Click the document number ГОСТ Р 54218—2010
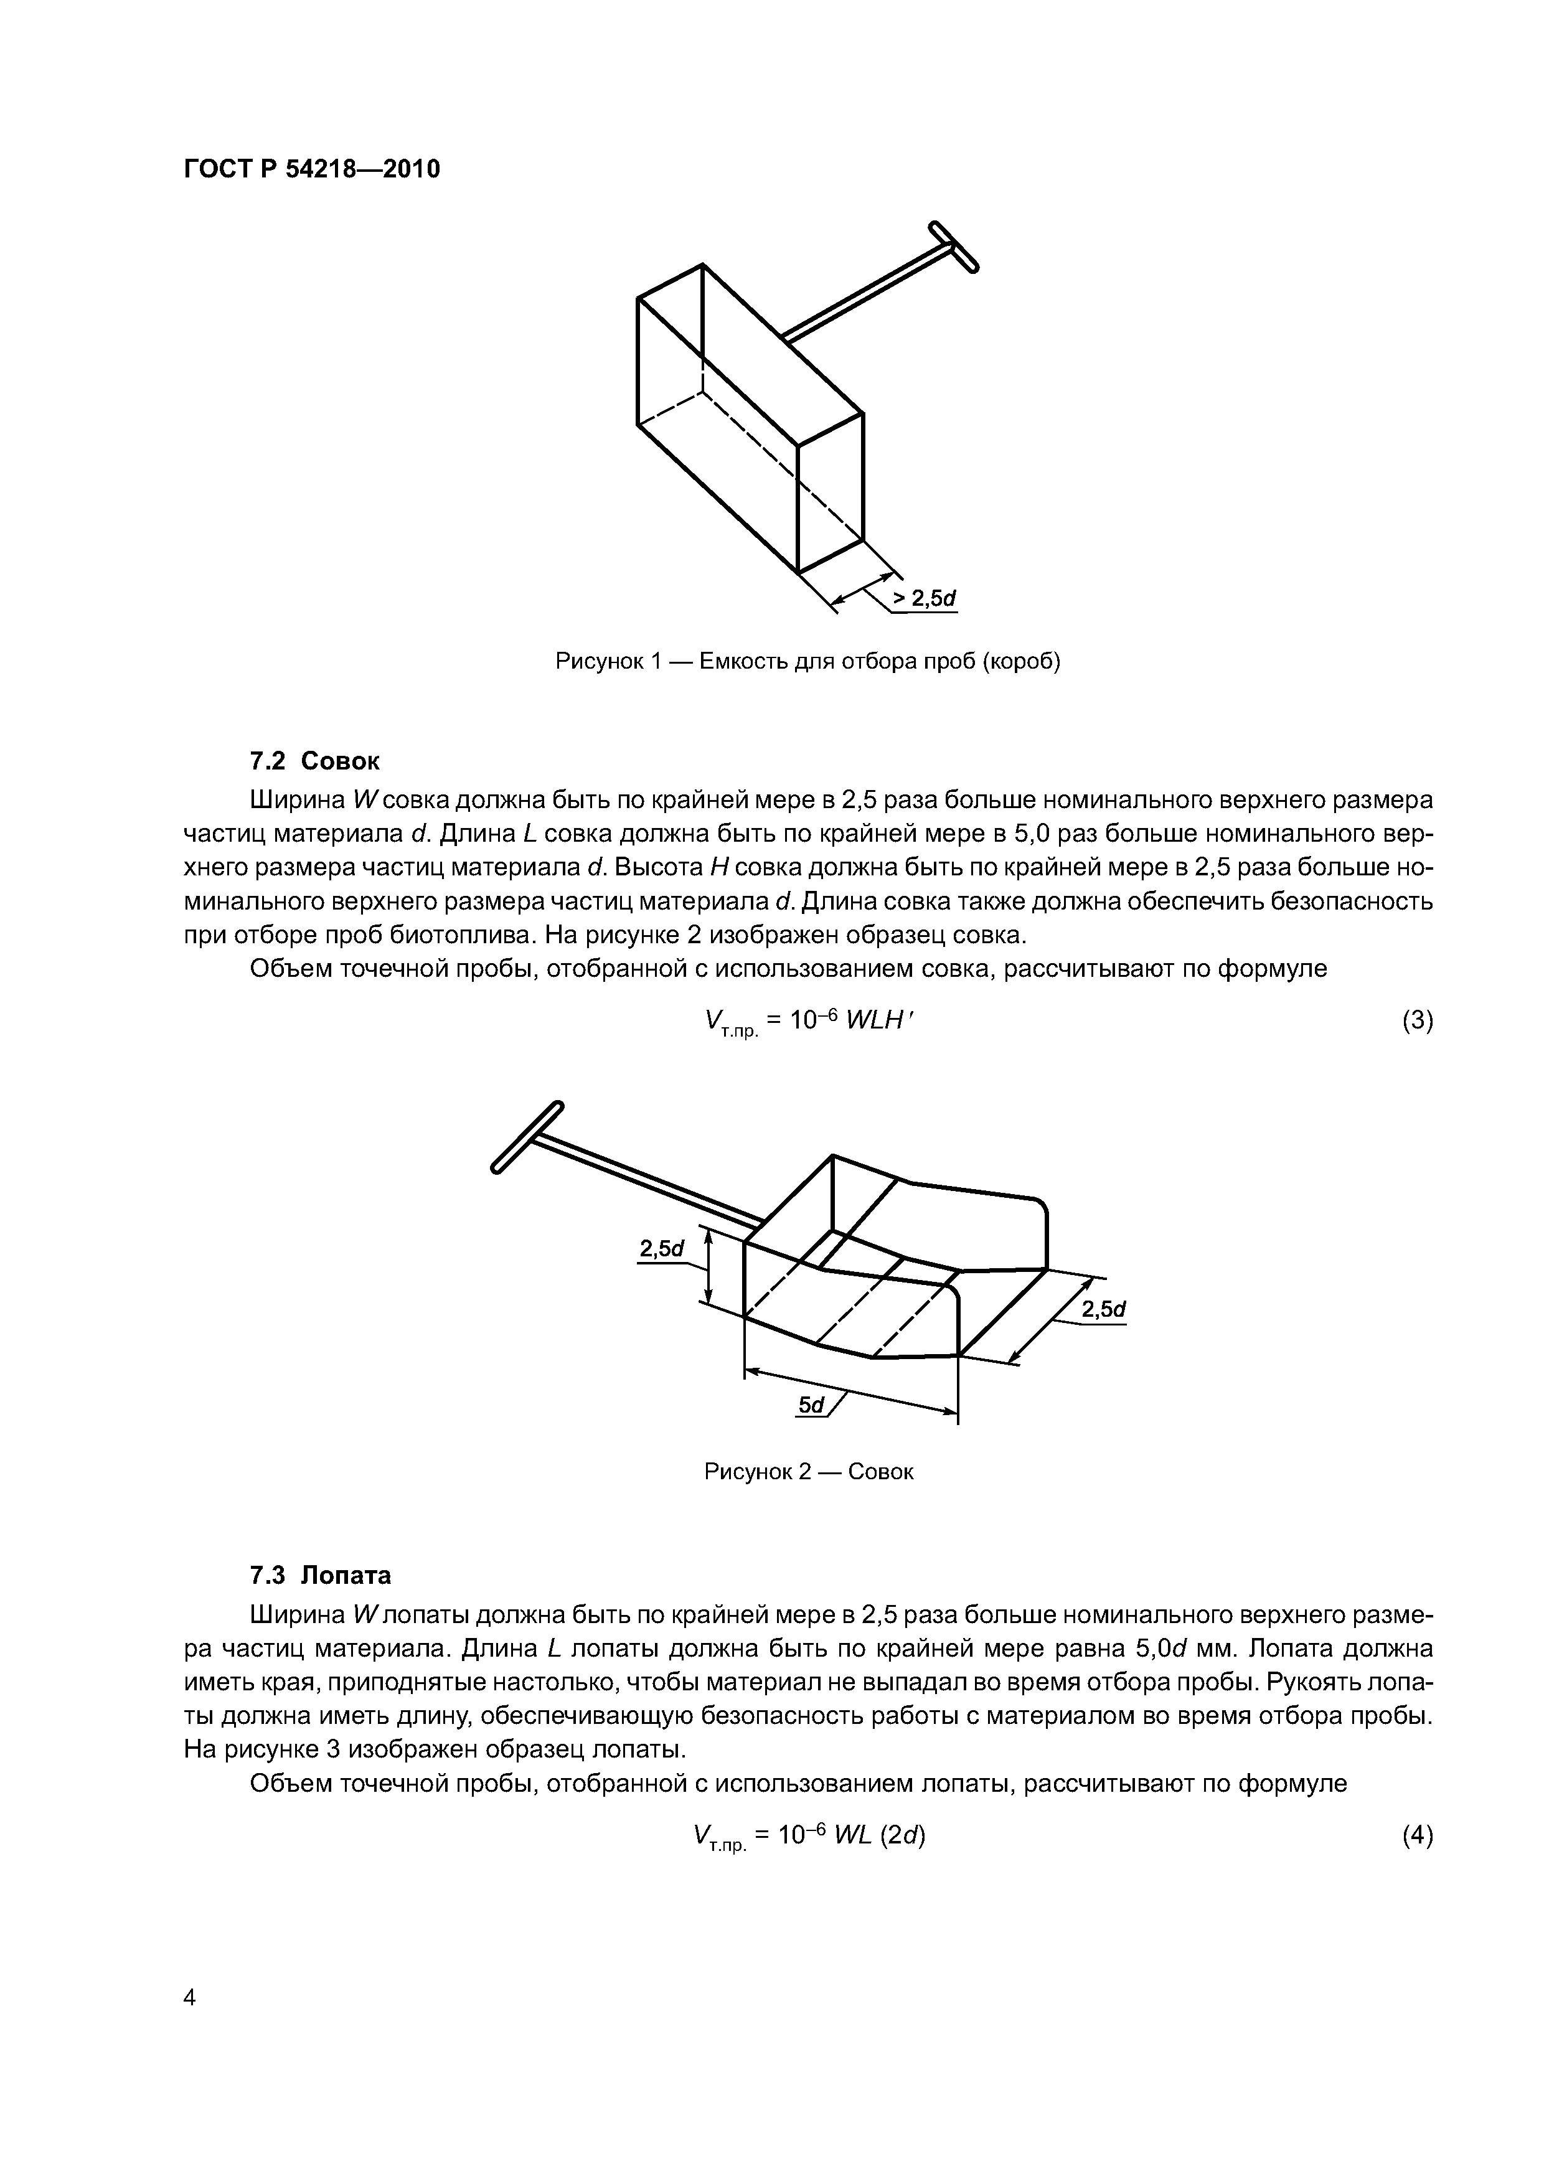311,170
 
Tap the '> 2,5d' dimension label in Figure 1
923,598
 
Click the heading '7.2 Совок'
314,761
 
